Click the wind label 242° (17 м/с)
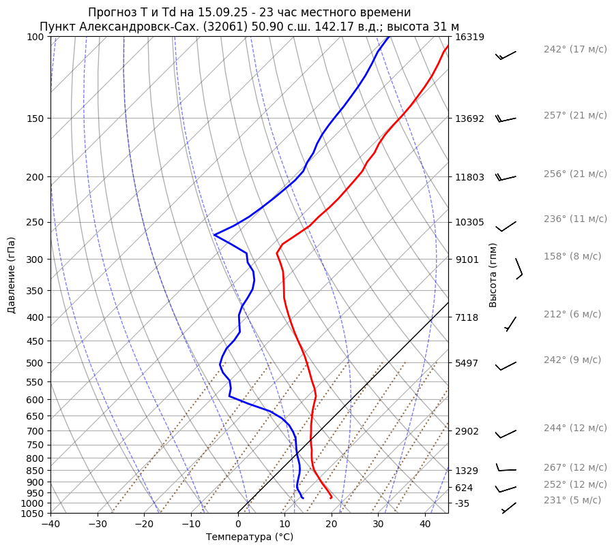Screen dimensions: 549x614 (x=575, y=50)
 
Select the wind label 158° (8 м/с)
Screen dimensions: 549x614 (x=572, y=257)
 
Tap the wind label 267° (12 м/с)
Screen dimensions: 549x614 (x=575, y=468)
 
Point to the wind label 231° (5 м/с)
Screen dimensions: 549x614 (x=572, y=501)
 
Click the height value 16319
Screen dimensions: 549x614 (x=469, y=37)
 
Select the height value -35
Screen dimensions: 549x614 (x=462, y=503)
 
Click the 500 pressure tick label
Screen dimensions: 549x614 (x=35, y=363)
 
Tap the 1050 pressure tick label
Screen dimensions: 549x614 (x=33, y=514)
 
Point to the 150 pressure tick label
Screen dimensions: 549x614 (x=35, y=119)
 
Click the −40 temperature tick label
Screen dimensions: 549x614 (x=50, y=524)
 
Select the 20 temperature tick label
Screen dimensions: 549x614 (x=332, y=524)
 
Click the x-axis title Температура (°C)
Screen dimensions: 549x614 (x=250, y=537)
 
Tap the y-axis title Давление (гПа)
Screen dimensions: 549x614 (x=12, y=275)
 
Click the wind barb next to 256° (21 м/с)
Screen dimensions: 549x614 (x=506, y=177)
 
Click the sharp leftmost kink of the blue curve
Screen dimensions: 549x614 (x=214, y=235)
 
